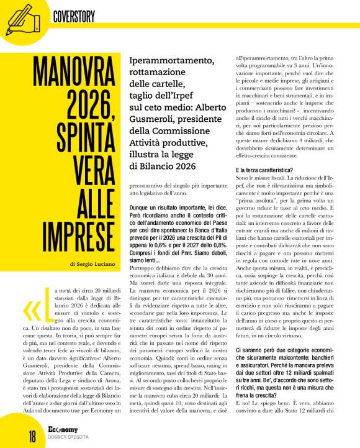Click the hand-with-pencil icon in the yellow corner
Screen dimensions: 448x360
coord(19,17)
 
